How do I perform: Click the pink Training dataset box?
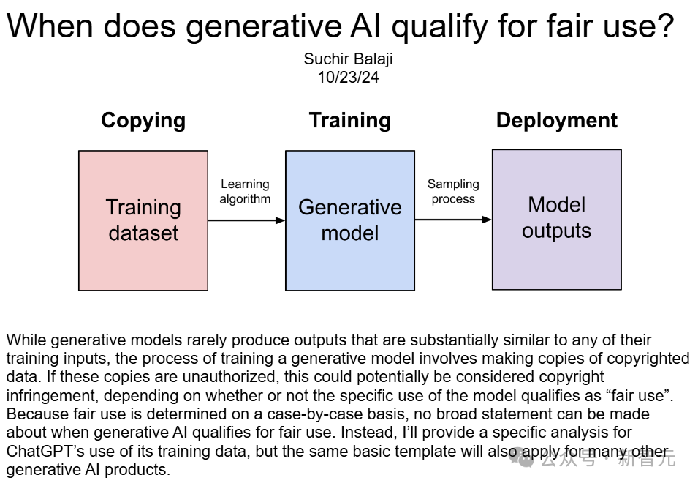tap(143, 220)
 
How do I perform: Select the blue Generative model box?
tap(350, 220)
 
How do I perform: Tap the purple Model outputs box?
tap(556, 219)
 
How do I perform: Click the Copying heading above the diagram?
tap(143, 121)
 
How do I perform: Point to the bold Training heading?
tap(350, 121)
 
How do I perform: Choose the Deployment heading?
tap(557, 121)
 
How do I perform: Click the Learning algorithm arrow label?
tap(245, 191)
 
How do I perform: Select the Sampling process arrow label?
tap(453, 191)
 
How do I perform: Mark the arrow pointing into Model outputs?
tap(453, 219)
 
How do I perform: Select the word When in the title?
tap(49, 26)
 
